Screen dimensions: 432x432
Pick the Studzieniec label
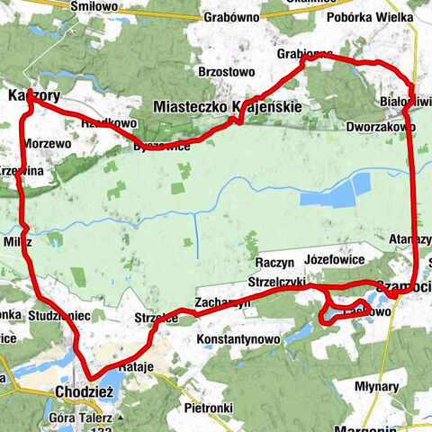[x=59, y=316]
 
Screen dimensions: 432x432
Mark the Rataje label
[x=132, y=366]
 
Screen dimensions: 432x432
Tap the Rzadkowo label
[x=108, y=124]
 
